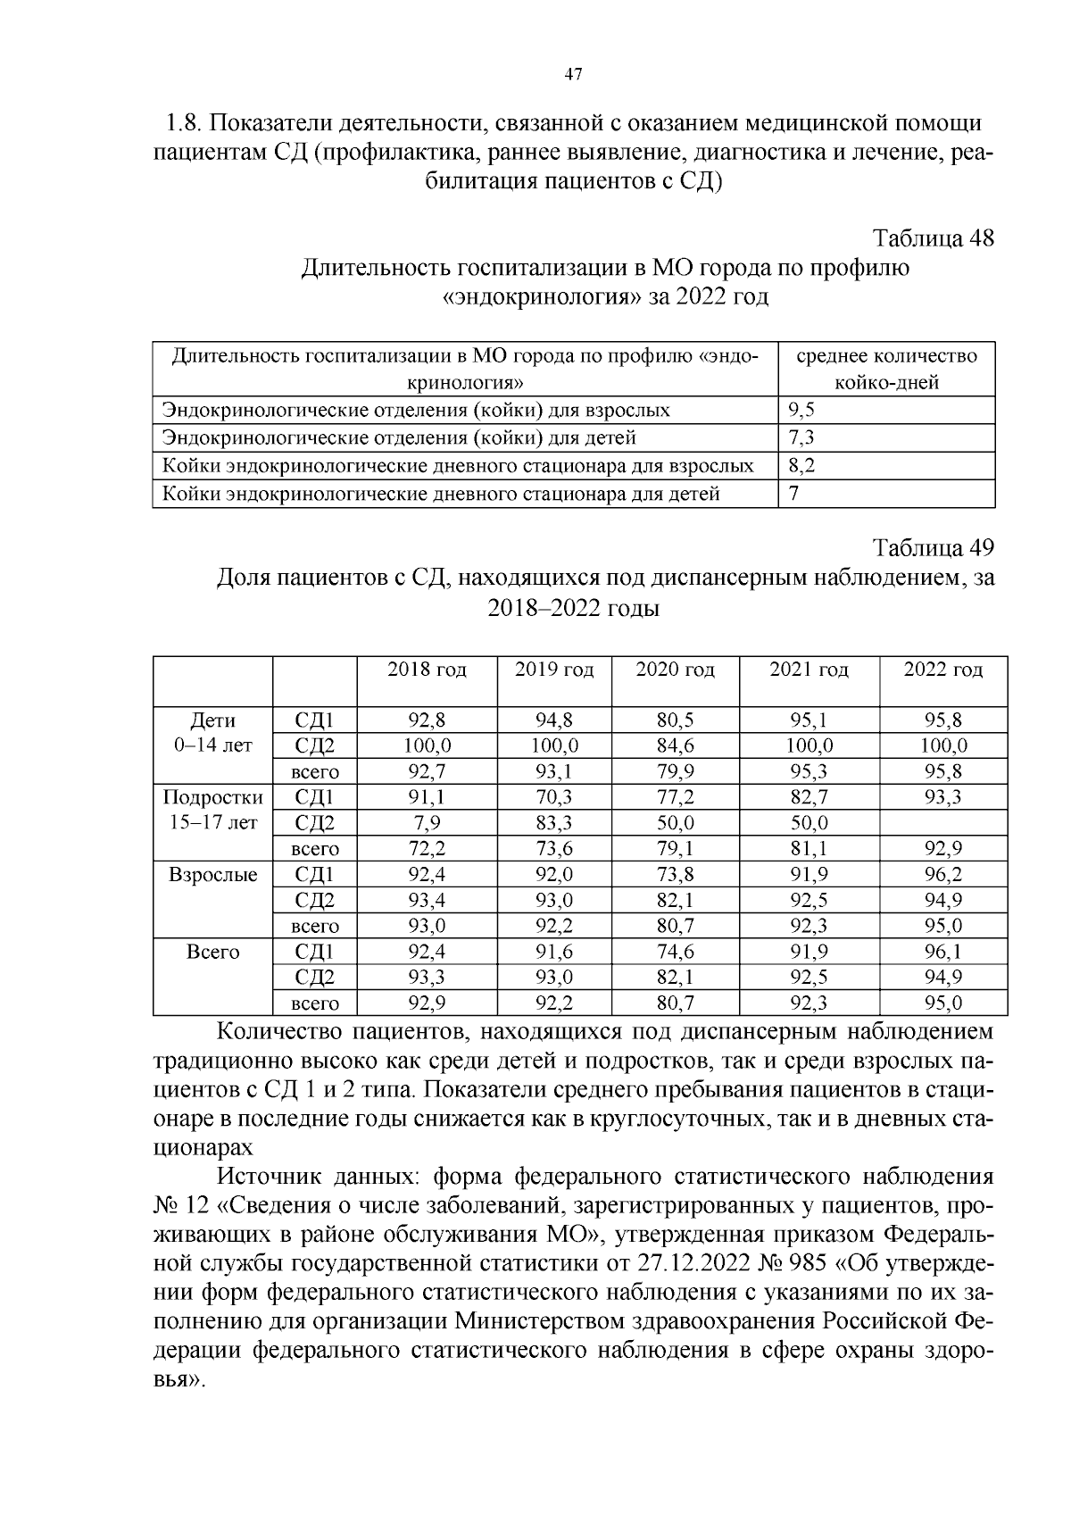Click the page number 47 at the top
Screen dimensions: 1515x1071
[573, 75]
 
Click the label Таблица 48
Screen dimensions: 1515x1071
[933, 239]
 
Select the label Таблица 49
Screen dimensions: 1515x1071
[933, 547]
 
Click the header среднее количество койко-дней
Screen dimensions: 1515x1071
[885, 369]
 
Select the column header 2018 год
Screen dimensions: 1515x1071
[427, 670]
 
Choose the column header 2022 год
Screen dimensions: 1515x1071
[942, 670]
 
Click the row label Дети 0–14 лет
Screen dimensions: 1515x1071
[212, 732]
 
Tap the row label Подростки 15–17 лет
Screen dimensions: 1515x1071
[212, 810]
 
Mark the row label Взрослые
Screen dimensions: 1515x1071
[212, 875]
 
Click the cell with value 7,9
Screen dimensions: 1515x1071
[427, 823]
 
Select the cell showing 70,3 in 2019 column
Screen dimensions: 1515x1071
[553, 797]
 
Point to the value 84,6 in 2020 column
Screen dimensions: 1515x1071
[675, 745]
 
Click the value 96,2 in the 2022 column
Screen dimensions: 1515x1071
[942, 875]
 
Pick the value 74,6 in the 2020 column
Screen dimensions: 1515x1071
[675, 952]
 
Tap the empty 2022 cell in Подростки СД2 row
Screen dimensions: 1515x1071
[942, 823]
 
